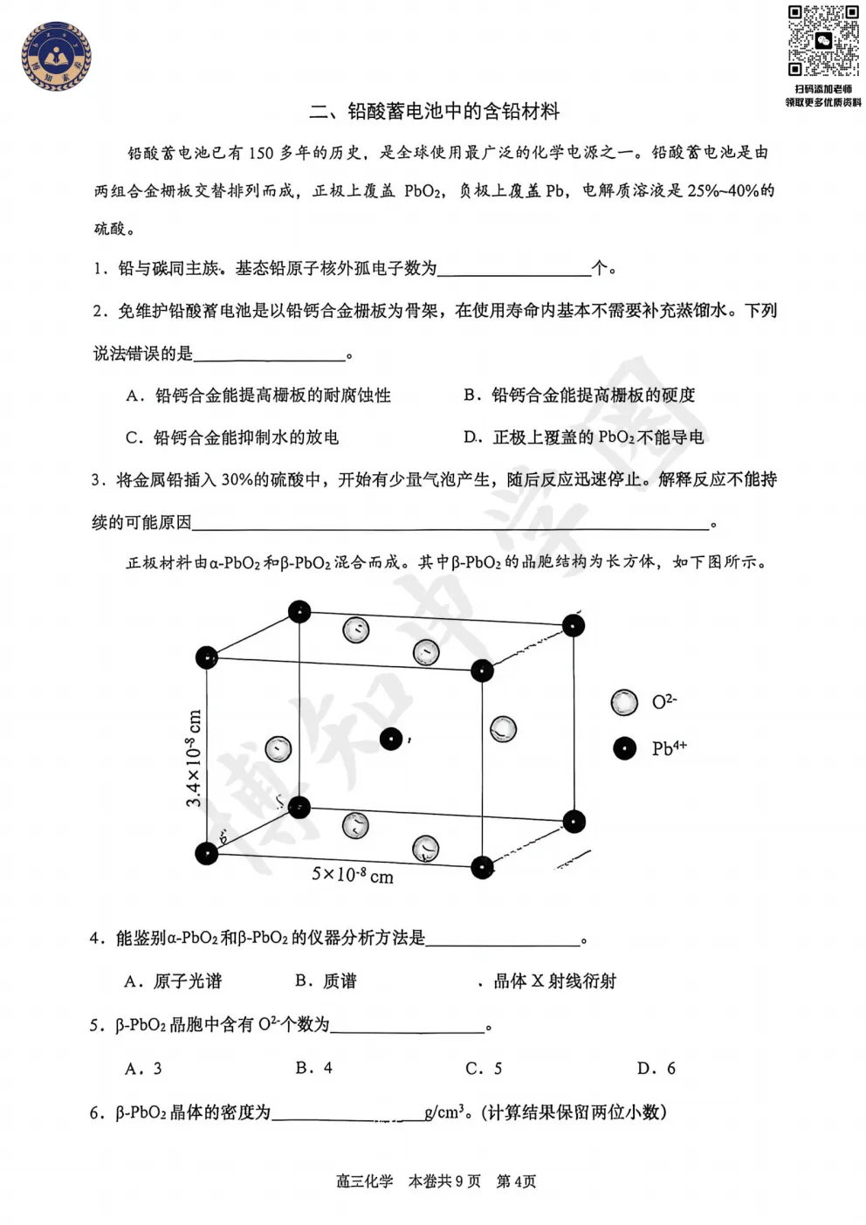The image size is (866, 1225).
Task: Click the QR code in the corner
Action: (x=822, y=41)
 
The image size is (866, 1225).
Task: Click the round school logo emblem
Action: (x=56, y=57)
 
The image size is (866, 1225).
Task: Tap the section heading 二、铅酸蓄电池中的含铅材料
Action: (x=434, y=112)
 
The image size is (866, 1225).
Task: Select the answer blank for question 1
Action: (x=513, y=269)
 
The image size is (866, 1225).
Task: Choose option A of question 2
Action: (x=258, y=396)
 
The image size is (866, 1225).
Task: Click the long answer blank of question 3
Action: (x=450, y=523)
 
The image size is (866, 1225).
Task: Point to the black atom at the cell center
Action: (x=391, y=739)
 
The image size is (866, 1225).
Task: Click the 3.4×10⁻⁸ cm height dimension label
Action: (x=194, y=758)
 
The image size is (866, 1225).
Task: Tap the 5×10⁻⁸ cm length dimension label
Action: (x=353, y=874)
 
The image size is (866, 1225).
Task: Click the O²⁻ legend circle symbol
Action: (x=624, y=702)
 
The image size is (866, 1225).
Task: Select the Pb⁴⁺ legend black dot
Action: (x=624, y=748)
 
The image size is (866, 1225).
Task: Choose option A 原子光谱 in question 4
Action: (x=173, y=981)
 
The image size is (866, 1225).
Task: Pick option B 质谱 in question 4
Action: (x=326, y=981)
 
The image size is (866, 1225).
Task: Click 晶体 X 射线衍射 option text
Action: (x=554, y=981)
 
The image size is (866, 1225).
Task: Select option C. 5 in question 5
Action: (x=484, y=1069)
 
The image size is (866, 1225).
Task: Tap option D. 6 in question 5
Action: (x=656, y=1069)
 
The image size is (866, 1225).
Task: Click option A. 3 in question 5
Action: (x=143, y=1069)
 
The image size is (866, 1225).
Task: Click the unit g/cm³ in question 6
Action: (x=443, y=1112)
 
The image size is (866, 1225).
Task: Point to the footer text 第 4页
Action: (x=516, y=1181)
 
